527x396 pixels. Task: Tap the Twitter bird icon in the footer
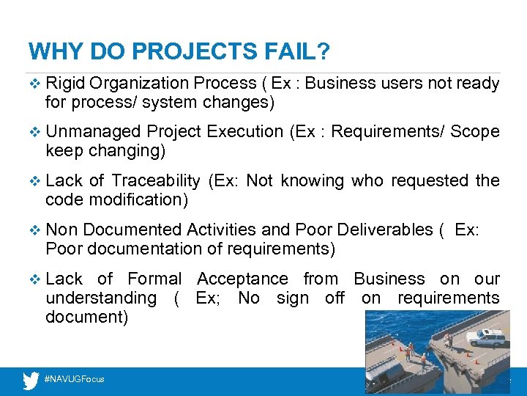point(31,380)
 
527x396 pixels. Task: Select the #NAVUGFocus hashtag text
point(75,379)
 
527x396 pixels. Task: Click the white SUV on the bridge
point(486,337)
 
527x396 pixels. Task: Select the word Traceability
point(155,180)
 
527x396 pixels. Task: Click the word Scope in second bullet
point(475,132)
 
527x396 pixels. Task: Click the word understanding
point(101,298)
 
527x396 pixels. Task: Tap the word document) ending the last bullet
point(86,317)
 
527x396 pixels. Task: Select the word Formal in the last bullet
point(154,279)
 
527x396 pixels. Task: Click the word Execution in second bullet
point(245,132)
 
